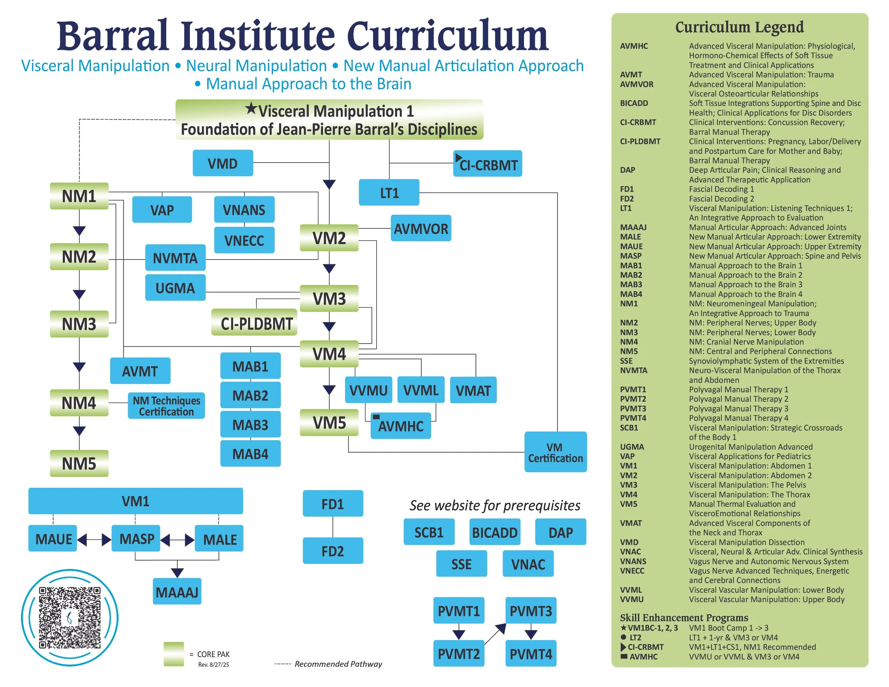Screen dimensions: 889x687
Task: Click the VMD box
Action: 223,163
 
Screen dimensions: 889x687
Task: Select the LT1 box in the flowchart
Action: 389,192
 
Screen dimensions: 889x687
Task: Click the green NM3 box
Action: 79,324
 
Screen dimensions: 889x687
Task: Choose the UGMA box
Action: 175,288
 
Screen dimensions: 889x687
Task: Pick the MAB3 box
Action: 250,425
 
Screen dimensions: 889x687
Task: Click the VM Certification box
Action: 555,452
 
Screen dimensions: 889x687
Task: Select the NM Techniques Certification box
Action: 166,406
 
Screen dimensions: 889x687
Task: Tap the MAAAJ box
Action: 177,592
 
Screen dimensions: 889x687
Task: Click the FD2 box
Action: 332,551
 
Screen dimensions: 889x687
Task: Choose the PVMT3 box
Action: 531,611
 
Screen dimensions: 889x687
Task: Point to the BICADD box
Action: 495,532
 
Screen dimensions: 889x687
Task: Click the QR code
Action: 70,617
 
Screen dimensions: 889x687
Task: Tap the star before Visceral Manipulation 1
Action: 251,109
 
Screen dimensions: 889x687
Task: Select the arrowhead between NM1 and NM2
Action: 79,230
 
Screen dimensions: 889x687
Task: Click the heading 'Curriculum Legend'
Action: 739,27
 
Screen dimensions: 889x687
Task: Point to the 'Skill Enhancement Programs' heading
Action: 684,617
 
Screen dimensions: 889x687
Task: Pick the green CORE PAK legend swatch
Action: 174,654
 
